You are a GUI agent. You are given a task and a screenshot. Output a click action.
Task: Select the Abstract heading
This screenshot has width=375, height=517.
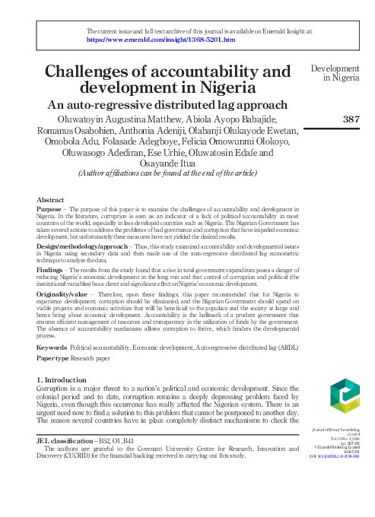[50, 198]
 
